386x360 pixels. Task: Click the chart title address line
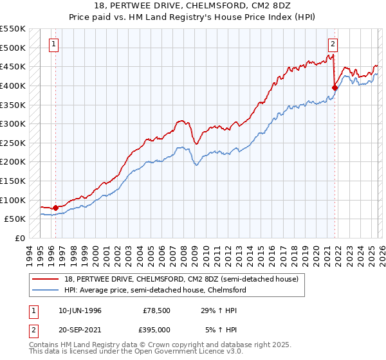[x=193, y=6]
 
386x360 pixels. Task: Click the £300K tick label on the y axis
[x=13, y=123]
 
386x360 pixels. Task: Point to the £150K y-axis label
[x=13, y=181]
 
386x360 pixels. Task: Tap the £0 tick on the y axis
[x=19, y=238]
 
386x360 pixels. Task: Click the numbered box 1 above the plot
[x=53, y=44]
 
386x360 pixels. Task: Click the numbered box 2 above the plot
[x=333, y=44]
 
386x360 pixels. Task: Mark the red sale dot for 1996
[x=55, y=208]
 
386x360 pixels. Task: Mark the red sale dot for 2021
[x=335, y=87]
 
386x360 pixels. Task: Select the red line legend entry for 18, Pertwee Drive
[x=180, y=280]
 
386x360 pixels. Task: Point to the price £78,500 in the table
[x=155, y=310]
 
